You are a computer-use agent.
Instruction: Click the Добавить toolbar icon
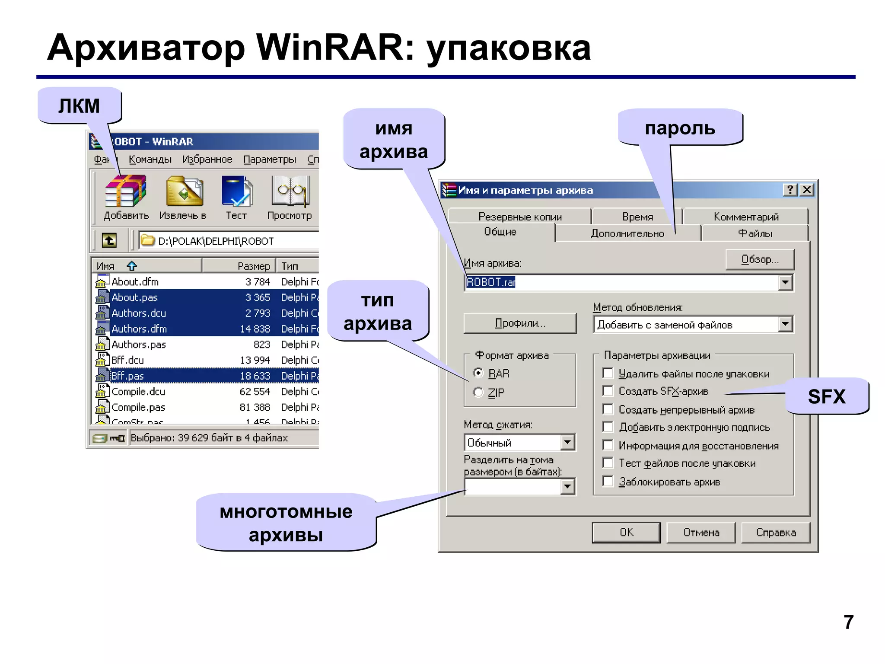click(126, 192)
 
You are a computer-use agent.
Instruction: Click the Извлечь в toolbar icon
click(184, 192)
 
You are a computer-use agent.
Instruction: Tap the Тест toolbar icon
click(236, 192)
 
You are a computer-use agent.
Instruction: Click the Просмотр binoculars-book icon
click(290, 192)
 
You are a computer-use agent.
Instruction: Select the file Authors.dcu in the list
click(138, 313)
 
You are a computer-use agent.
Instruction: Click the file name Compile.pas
click(138, 407)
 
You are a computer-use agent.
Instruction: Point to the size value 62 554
click(255, 392)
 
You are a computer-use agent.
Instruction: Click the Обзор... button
click(760, 259)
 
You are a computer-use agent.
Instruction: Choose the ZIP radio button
click(478, 393)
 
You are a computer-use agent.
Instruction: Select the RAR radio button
click(478, 373)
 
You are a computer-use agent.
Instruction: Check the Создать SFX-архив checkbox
click(608, 391)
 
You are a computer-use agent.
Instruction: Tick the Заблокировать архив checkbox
click(608, 482)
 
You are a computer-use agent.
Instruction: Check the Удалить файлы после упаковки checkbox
click(608, 373)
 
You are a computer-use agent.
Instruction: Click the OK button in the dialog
click(626, 532)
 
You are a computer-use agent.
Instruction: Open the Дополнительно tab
click(627, 233)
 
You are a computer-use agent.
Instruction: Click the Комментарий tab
click(746, 216)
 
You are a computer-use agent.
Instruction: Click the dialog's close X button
click(807, 190)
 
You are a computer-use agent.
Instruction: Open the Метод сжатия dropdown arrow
click(567, 442)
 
